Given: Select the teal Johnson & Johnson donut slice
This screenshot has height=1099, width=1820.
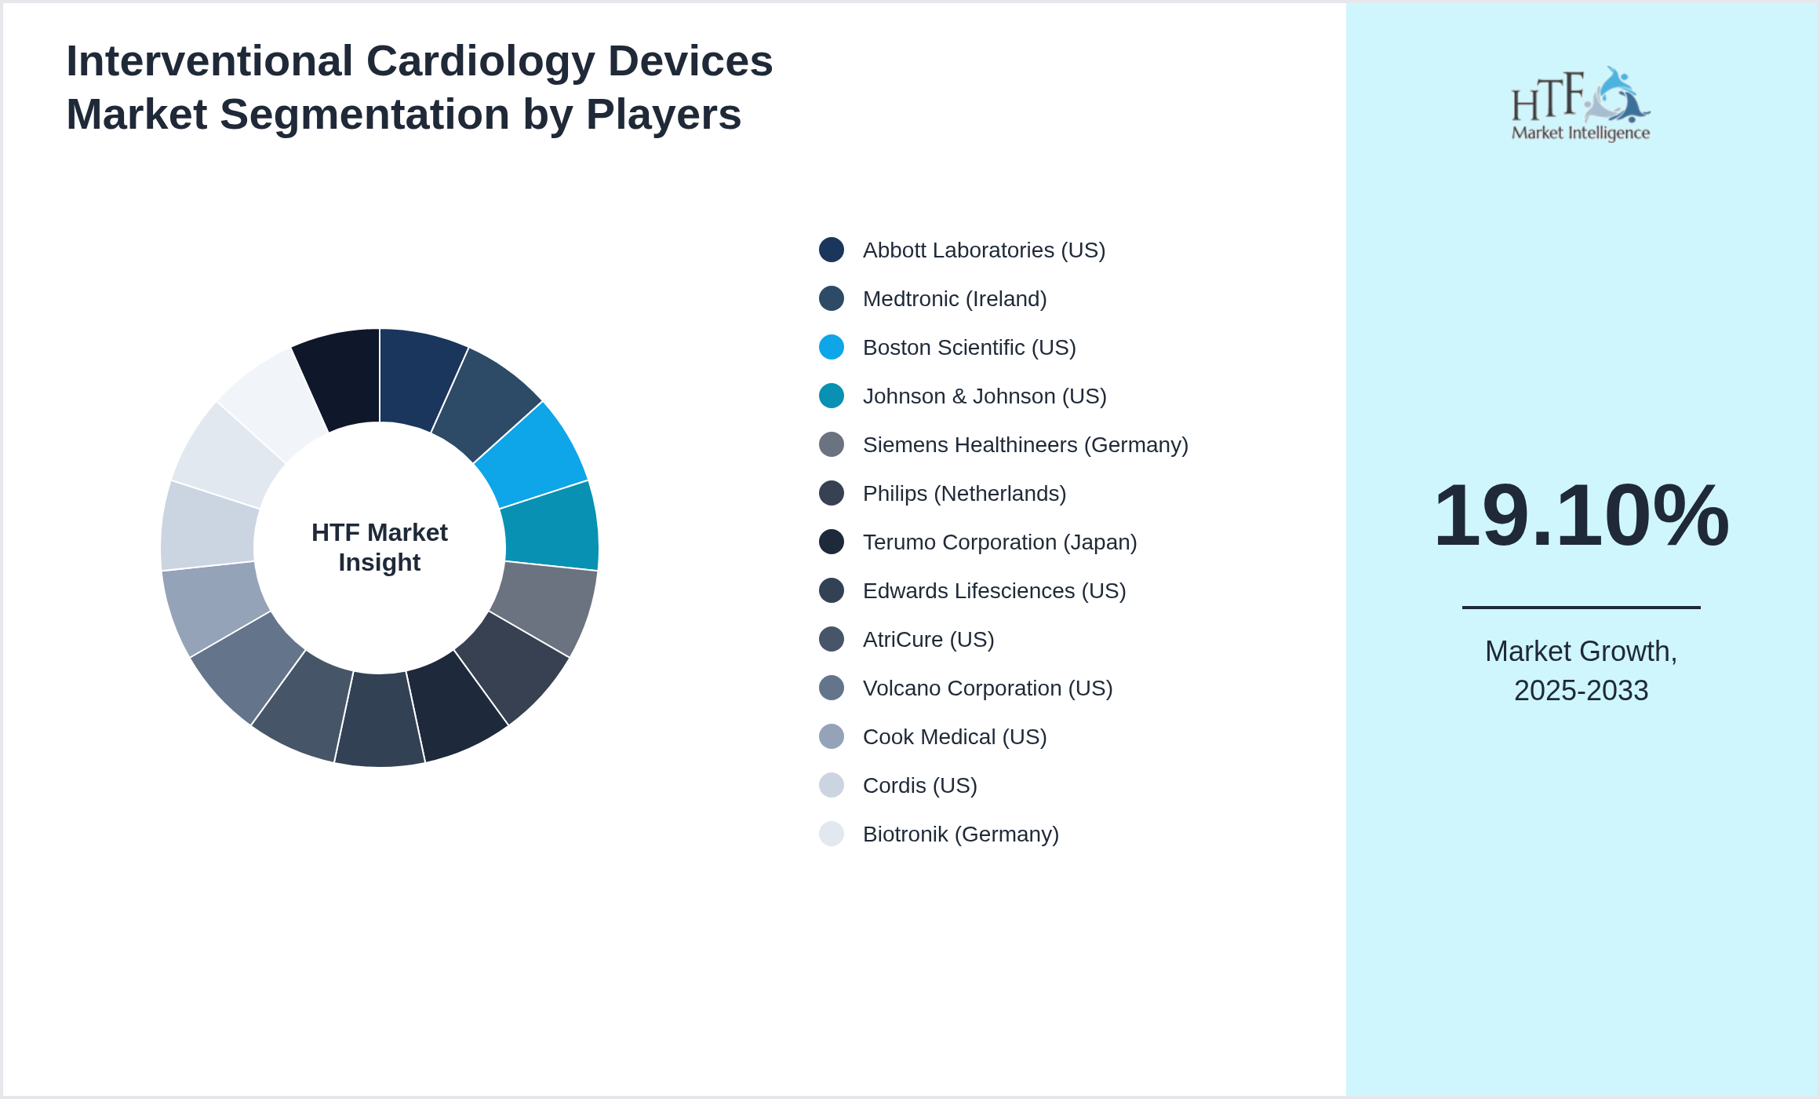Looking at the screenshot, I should coord(551,526).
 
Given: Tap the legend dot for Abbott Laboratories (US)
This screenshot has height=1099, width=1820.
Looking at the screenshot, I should coord(832,250).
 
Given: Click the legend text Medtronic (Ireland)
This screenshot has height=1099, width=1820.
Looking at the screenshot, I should coord(955,299).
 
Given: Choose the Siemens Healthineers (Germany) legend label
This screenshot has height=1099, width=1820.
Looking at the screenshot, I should coord(1025,445).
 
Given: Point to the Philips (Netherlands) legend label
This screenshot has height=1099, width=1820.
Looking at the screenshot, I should coord(964,494).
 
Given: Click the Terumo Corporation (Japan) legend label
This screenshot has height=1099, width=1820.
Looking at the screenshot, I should coord(999,542).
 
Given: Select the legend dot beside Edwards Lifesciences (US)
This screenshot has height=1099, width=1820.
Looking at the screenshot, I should coord(832,590).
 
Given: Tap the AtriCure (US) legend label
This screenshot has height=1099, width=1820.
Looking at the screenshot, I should coord(928,640).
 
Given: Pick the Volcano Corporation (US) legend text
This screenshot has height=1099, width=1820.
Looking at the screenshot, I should coord(988,688).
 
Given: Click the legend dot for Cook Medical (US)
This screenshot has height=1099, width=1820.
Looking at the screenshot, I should coord(832,736).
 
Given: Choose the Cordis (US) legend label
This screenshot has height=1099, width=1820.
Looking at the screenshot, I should coord(919,786).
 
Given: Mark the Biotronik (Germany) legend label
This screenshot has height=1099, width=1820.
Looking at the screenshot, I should coord(960,834).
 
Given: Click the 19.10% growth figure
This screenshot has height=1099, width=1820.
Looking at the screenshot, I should coord(1581,516).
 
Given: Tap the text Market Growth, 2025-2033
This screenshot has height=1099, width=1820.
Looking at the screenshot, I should coord(1581,670).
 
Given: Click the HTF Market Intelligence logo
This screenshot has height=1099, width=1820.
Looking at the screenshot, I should coord(1581,104).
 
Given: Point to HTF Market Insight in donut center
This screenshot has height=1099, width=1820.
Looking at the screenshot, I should coord(380,547).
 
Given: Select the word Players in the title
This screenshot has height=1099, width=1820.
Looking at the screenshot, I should coord(663,115).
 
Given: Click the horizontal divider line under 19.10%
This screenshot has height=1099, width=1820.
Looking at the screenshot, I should coord(1581,607).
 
